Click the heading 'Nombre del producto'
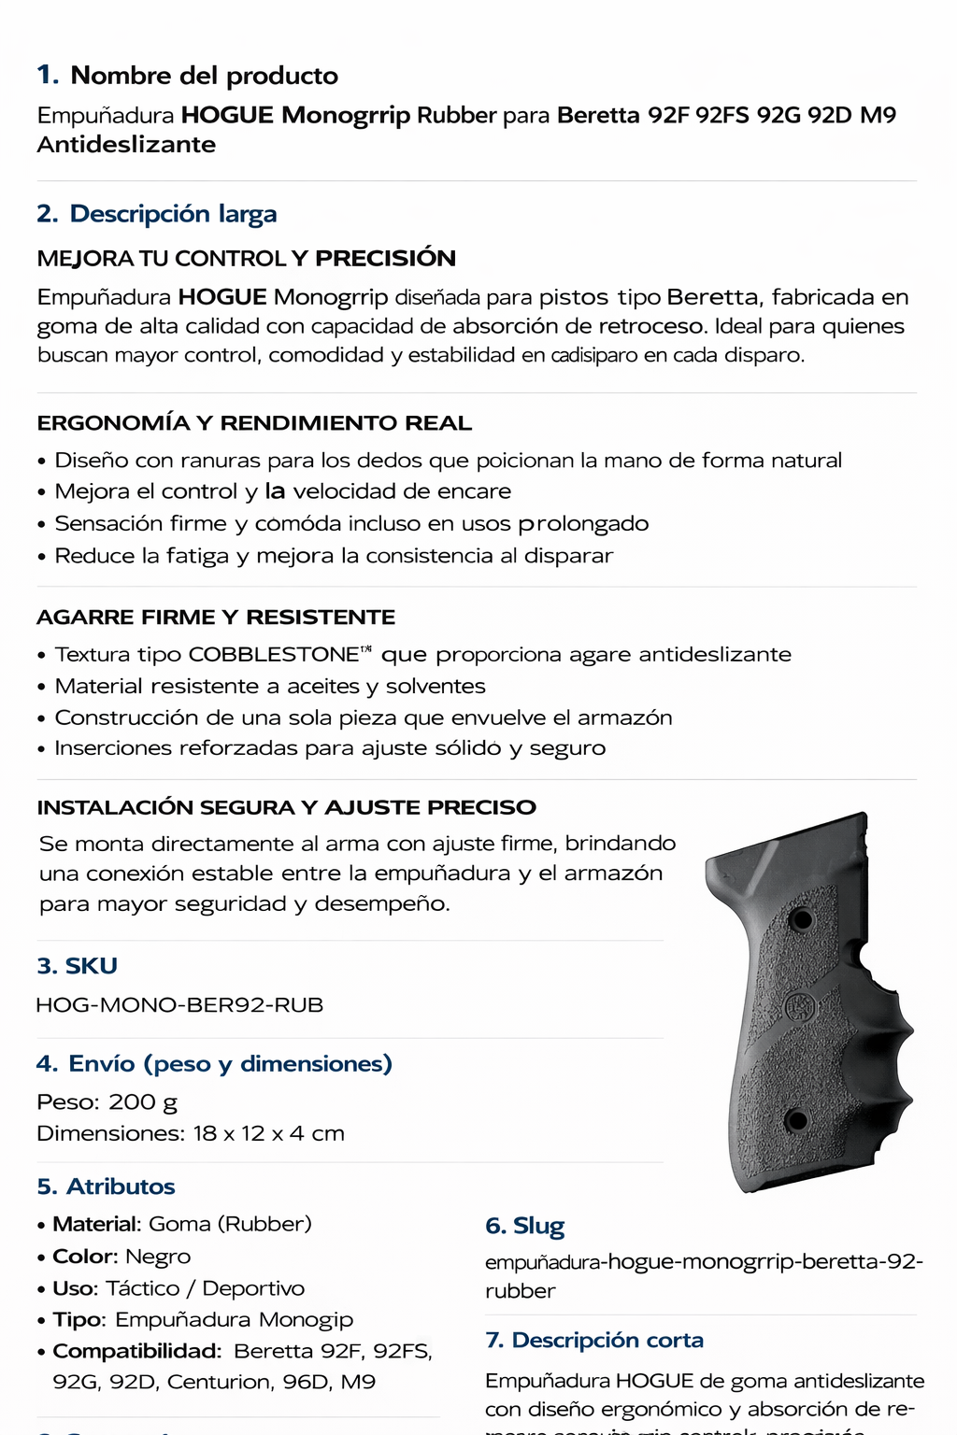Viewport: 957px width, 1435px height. (x=204, y=76)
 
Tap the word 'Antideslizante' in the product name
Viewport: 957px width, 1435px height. (x=126, y=145)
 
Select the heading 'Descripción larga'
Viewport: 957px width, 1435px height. (x=173, y=214)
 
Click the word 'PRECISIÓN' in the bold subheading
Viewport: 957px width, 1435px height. (x=385, y=259)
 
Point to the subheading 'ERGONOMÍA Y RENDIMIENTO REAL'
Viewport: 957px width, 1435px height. (x=254, y=423)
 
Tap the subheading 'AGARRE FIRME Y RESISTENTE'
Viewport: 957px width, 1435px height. (x=216, y=618)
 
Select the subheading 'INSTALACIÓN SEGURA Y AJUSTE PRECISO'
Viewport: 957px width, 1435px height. (x=287, y=807)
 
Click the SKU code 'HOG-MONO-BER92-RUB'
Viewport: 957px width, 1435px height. (x=179, y=1005)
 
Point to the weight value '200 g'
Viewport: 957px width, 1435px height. (x=143, y=1102)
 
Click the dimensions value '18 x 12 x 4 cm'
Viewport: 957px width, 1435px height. (x=269, y=1134)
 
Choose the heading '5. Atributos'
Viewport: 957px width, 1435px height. (x=107, y=1186)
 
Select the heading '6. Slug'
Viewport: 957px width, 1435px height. (x=525, y=1226)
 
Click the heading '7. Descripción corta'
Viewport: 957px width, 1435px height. (x=594, y=1341)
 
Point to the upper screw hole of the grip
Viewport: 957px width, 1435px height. (x=801, y=919)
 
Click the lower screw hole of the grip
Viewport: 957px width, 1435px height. (x=796, y=1119)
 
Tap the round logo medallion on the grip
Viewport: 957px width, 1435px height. (x=800, y=1007)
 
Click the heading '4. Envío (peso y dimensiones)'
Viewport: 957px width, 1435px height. (x=215, y=1064)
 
